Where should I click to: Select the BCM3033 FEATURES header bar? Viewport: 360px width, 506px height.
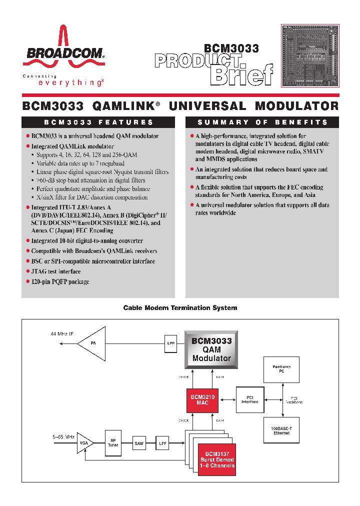[x=98, y=122]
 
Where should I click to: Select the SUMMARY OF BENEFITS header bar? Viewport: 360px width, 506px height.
[x=262, y=122]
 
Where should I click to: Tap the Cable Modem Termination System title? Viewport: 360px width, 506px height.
[x=180, y=308]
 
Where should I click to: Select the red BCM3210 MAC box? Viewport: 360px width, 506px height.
[x=202, y=400]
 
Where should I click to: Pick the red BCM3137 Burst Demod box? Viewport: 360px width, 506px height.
[x=217, y=459]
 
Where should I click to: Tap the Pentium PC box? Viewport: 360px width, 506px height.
[x=281, y=369]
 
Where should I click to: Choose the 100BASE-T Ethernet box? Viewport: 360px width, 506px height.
[x=281, y=430]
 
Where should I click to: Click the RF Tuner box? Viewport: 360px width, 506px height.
[x=113, y=443]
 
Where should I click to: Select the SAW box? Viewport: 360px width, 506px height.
[x=138, y=443]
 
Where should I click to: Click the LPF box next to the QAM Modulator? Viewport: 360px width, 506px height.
[x=170, y=343]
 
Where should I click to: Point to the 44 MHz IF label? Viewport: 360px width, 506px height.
[x=62, y=333]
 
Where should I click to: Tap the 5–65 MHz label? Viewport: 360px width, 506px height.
[x=63, y=436]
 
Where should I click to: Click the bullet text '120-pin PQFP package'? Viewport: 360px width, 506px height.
[x=60, y=282]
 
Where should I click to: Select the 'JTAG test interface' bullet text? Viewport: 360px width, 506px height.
[x=56, y=271]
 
